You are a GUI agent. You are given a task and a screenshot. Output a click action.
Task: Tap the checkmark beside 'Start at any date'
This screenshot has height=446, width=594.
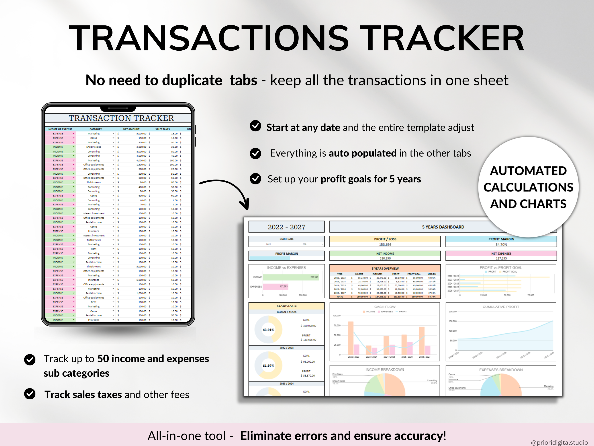[255, 126]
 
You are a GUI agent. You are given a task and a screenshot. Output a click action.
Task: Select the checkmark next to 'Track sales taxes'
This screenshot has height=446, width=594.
[30, 394]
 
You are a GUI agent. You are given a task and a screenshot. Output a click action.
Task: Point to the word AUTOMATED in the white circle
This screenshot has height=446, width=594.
[528, 171]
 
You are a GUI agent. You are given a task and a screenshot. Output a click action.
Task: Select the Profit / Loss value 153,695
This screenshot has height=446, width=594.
[385, 245]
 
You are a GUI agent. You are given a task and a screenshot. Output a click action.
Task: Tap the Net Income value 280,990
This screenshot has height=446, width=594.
[385, 258]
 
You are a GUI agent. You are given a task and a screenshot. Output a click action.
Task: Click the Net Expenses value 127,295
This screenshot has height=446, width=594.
[501, 258]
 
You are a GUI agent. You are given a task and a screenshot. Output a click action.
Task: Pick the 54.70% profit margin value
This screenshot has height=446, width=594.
[501, 245]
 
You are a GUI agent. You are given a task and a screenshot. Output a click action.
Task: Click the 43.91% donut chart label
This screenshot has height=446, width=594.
[268, 330]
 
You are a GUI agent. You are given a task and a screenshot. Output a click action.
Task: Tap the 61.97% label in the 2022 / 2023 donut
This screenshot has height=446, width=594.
[268, 366]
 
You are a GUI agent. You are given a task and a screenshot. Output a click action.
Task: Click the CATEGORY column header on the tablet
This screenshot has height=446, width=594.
[96, 129]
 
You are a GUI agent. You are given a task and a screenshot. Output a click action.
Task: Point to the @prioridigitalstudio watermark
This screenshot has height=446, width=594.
[559, 442]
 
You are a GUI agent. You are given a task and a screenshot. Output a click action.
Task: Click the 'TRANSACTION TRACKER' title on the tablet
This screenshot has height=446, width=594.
[121, 118]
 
